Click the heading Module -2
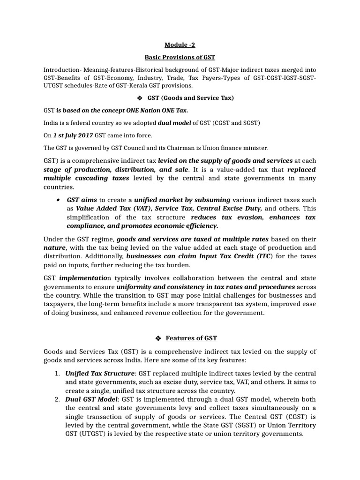pyautogui.click(x=180, y=45)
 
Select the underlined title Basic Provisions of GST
pyautogui.click(x=180, y=57)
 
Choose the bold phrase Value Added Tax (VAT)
pyautogui.click(x=114, y=209)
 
